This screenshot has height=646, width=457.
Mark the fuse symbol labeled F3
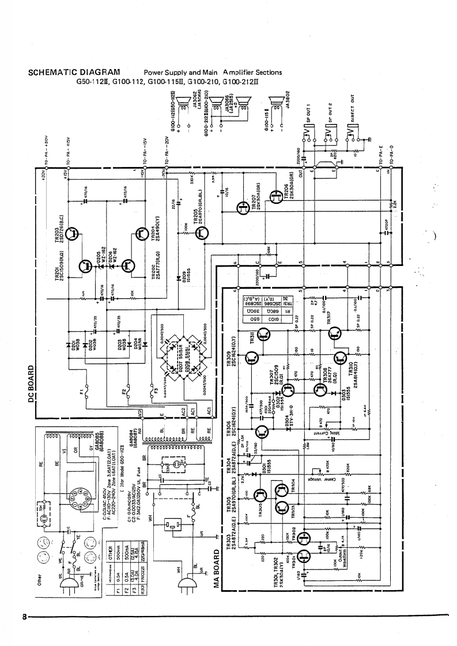(x=152, y=393)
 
